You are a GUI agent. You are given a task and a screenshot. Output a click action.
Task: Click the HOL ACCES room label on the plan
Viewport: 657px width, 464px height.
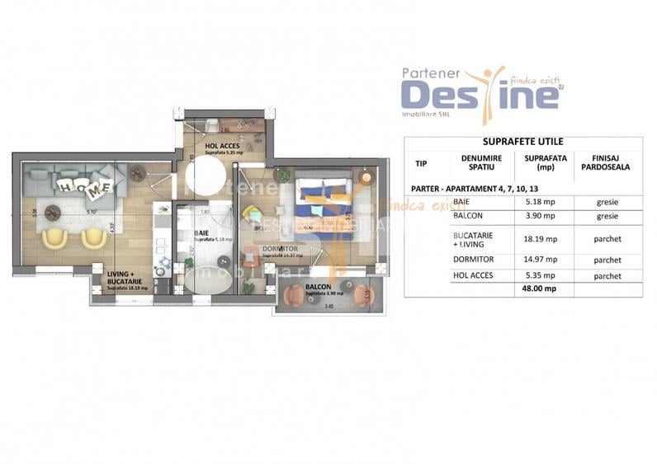[222, 146]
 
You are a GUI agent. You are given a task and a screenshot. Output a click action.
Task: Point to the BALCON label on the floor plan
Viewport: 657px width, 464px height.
[319, 288]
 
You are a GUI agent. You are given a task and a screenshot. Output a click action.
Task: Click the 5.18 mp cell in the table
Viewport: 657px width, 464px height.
[540, 202]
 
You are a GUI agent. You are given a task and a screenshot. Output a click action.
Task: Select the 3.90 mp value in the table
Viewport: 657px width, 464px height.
[540, 216]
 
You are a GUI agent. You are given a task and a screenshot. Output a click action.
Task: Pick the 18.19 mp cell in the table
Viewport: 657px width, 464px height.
[540, 239]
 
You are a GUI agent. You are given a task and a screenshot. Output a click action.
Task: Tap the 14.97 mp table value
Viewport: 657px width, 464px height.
[540, 260]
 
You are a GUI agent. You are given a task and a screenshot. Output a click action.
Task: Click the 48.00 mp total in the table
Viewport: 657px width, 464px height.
[540, 289]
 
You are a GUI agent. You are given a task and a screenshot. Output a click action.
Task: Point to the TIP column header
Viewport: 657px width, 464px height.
[422, 162]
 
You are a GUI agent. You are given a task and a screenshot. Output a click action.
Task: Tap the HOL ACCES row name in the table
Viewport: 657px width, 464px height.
[474, 275]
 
